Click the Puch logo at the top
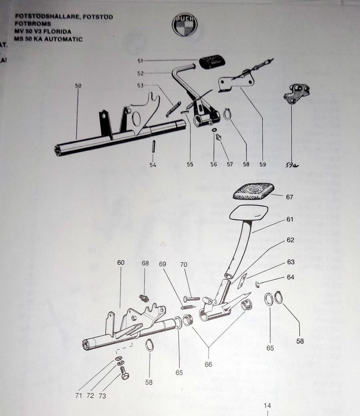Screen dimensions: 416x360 click(184, 24)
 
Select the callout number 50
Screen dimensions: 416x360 click(78, 85)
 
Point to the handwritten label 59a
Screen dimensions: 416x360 click(291, 165)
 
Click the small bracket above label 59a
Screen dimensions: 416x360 click(297, 93)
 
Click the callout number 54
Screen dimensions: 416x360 click(153, 165)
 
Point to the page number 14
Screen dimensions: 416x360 click(267, 405)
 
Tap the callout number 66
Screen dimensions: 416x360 click(208, 364)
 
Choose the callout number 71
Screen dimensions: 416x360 click(79, 396)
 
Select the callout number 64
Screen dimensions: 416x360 click(290, 277)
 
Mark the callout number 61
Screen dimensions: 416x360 click(289, 220)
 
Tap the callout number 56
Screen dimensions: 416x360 click(213, 164)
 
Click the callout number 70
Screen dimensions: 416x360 click(183, 265)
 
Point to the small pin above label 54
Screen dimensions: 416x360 click(153, 146)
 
